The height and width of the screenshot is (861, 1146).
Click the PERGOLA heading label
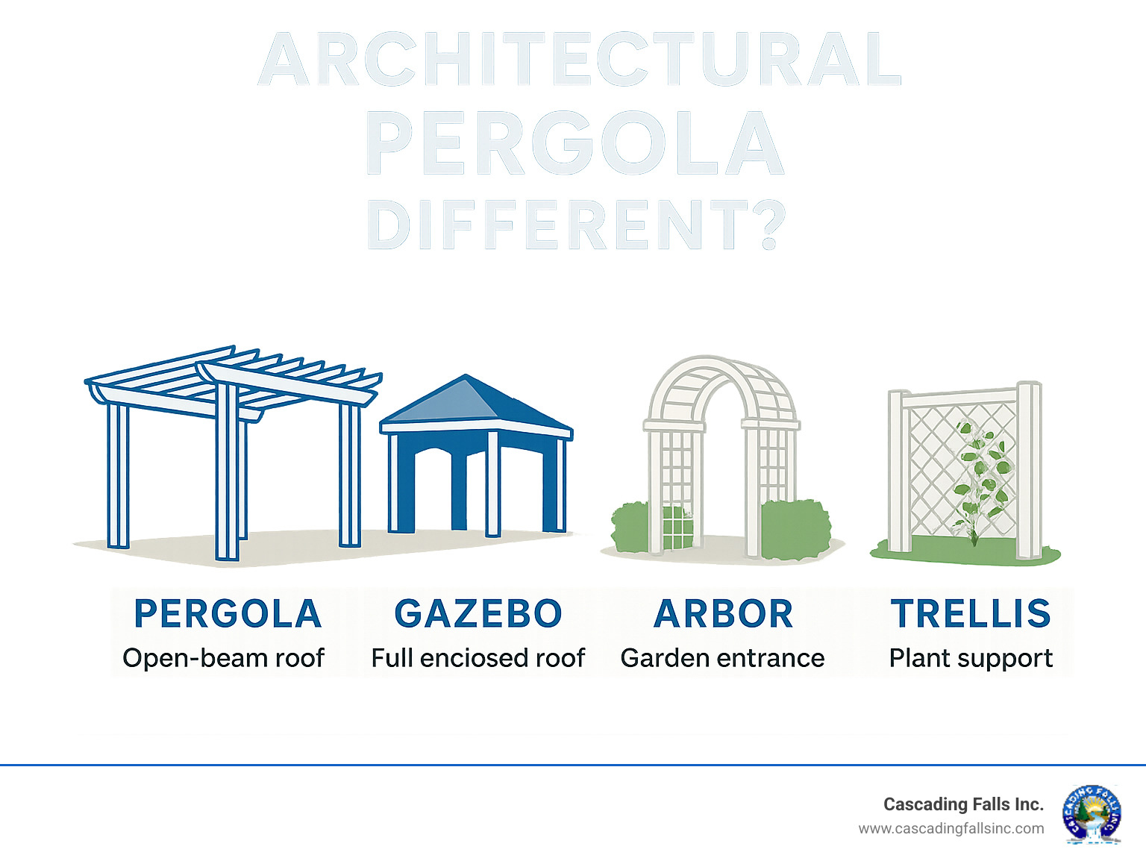click(x=228, y=614)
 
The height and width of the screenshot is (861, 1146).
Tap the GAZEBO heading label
click(x=477, y=614)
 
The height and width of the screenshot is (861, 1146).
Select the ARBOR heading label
click(x=722, y=614)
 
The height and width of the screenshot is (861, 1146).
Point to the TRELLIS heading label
click(x=971, y=614)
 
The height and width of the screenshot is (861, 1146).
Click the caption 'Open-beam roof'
click(x=224, y=658)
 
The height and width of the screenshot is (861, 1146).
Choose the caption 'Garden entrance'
click(x=722, y=658)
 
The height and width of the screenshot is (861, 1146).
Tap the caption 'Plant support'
click(x=971, y=658)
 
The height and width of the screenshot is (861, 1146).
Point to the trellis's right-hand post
click(x=1030, y=470)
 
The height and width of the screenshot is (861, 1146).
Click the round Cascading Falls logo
click(x=1092, y=814)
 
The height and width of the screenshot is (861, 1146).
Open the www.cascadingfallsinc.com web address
click(x=951, y=828)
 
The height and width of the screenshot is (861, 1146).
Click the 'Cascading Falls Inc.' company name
click(x=962, y=804)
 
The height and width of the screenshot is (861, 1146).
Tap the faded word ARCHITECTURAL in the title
click(x=580, y=60)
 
